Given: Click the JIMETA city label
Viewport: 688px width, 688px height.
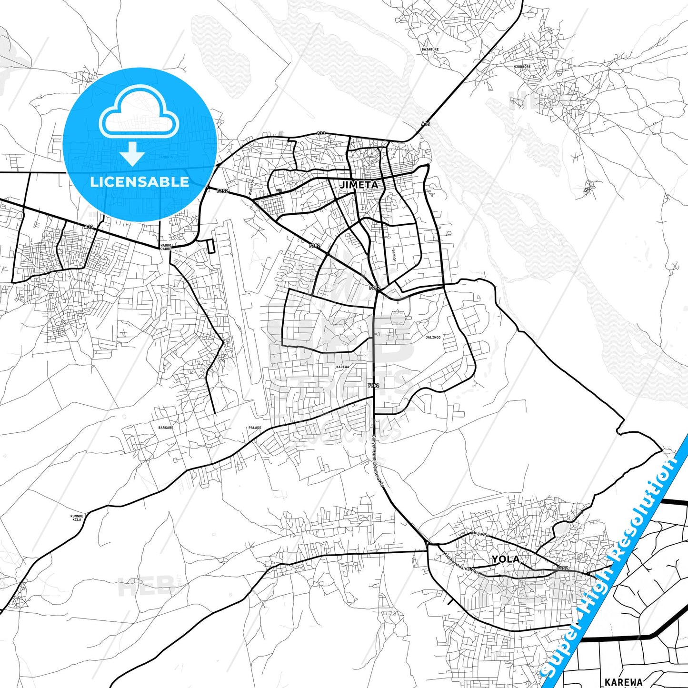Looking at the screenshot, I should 359,185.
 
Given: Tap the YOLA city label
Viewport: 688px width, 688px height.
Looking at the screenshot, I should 505,559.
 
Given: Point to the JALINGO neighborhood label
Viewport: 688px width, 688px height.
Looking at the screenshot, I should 433,337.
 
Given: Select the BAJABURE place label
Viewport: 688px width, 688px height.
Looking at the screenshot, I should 430,50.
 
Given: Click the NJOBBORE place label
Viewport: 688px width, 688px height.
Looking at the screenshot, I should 522,67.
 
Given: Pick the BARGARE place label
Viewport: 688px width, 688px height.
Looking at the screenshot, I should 166,428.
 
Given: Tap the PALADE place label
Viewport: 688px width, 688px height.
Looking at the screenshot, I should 255,428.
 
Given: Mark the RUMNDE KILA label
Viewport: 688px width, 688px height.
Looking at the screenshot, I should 77,518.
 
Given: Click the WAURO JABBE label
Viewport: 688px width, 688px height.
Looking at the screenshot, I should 166,247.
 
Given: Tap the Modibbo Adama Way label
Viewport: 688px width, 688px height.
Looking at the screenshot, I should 460,561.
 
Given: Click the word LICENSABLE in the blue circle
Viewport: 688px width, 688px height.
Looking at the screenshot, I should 140,182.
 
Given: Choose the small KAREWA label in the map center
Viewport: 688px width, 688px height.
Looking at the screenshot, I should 342,367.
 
